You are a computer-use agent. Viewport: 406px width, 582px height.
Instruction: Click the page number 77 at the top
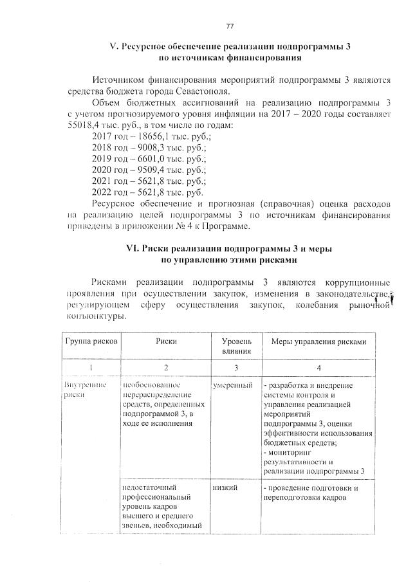coord(229,26)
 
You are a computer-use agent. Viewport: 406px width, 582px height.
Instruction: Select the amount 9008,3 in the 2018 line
coord(145,148)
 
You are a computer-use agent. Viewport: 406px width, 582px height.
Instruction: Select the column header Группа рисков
coord(90,342)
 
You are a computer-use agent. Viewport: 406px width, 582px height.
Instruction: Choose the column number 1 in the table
coord(90,368)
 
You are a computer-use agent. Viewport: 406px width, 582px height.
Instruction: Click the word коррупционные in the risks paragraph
coord(356,282)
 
